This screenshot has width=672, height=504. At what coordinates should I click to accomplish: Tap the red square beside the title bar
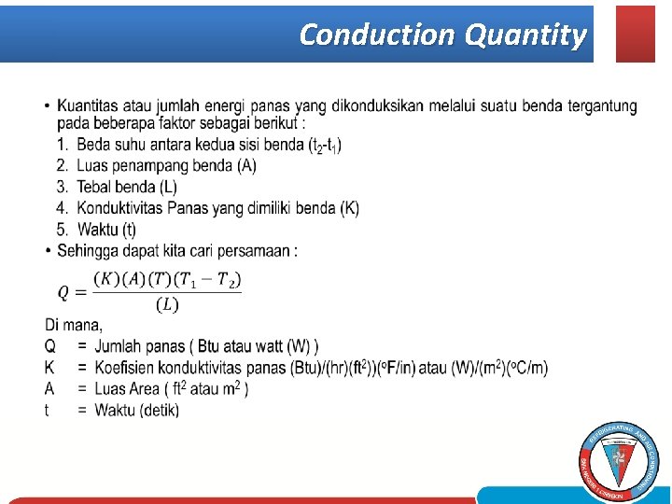[x=636, y=34]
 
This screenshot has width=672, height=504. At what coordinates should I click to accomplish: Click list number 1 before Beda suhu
[x=62, y=145]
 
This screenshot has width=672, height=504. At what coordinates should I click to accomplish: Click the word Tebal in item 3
[x=94, y=187]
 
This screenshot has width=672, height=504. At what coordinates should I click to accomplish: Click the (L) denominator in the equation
[x=167, y=304]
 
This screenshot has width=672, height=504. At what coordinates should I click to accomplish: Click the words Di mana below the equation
[x=73, y=325]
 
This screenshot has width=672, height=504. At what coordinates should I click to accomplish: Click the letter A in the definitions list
[x=49, y=388]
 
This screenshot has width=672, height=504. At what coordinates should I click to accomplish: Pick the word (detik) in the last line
[x=158, y=410]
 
